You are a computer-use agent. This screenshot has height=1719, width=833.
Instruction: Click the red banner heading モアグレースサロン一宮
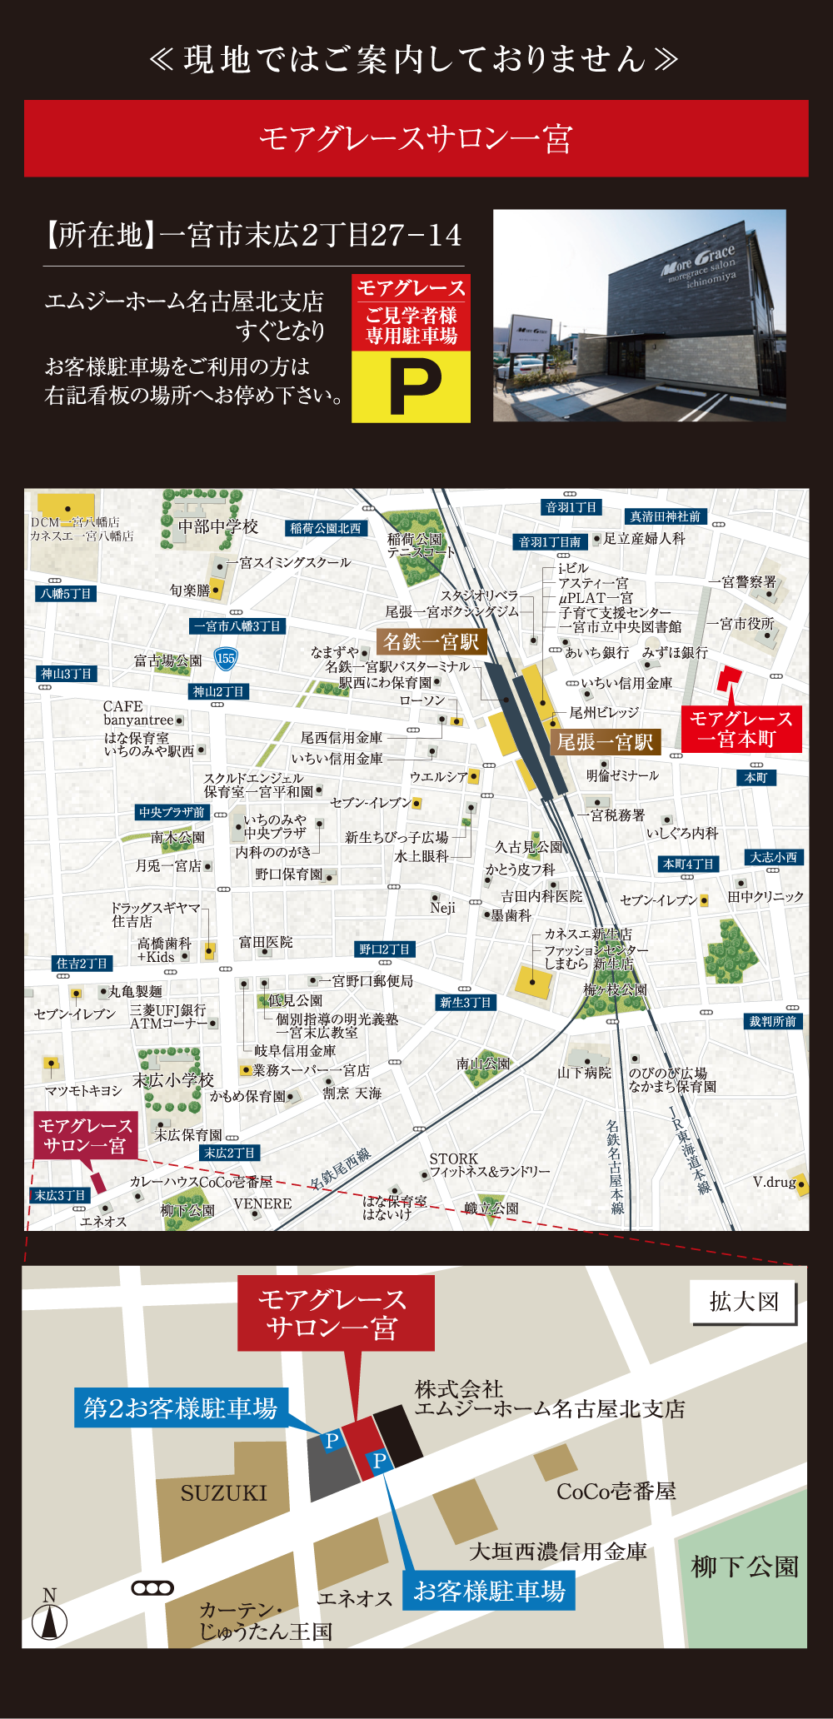(x=416, y=138)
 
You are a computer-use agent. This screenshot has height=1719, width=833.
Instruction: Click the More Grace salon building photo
(x=639, y=315)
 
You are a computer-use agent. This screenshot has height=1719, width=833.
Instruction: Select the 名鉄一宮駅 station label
(x=431, y=641)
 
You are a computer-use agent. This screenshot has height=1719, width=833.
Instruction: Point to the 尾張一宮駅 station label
(x=605, y=741)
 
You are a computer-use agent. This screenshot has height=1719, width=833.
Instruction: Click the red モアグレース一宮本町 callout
(x=741, y=729)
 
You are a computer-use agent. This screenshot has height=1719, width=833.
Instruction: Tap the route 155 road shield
(x=226, y=658)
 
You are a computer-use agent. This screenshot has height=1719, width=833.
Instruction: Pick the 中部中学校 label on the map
(x=218, y=526)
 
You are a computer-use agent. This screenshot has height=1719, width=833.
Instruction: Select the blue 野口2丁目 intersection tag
(x=385, y=949)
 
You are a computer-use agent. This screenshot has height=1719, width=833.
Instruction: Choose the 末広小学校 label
(x=173, y=1080)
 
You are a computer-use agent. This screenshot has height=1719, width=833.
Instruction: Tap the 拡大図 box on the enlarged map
(x=743, y=1302)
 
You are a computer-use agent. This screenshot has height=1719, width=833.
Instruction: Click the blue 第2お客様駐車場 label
(x=181, y=1408)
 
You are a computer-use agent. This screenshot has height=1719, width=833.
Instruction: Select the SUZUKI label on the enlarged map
(x=224, y=1493)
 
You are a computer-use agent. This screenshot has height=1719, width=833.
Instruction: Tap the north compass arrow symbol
(x=50, y=1620)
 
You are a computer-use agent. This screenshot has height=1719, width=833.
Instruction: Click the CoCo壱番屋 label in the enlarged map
(x=616, y=1491)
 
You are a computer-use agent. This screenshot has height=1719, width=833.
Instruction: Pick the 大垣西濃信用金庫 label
(x=558, y=1551)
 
